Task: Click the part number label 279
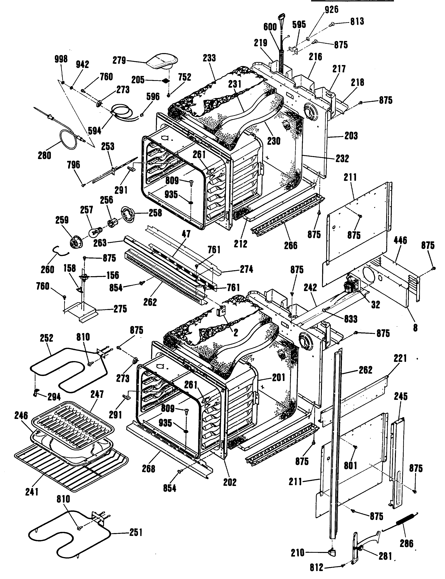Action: (119, 60)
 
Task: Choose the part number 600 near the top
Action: (270, 27)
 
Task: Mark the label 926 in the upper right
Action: (331, 9)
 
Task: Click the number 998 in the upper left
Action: (61, 59)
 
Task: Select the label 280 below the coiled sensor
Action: (44, 155)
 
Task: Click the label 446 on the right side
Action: (400, 240)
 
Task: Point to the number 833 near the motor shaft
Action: (351, 319)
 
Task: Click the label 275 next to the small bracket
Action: (120, 309)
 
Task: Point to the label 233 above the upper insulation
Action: (209, 58)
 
